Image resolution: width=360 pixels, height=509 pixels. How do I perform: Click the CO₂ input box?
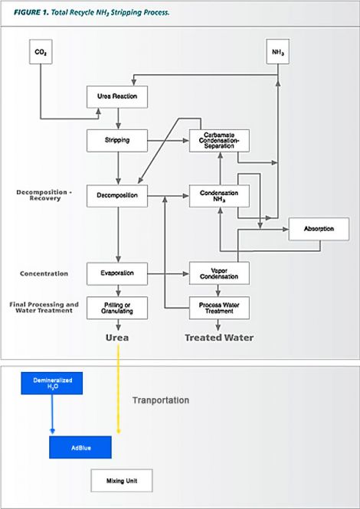(41, 51)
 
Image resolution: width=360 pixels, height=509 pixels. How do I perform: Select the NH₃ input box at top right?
(278, 51)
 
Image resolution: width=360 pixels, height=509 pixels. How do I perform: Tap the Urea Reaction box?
(117, 96)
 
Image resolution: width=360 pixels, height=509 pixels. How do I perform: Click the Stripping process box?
(117, 141)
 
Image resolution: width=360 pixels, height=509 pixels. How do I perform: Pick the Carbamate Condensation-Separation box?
(219, 141)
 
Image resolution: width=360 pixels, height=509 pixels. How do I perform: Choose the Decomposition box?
(117, 196)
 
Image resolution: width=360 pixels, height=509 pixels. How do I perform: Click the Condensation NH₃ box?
(219, 196)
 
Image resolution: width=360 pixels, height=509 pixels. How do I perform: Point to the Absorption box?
(319, 229)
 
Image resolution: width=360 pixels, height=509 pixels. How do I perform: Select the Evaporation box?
(117, 274)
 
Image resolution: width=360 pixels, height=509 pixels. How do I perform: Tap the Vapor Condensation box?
(219, 274)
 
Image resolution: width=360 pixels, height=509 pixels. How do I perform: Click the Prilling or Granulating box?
(117, 308)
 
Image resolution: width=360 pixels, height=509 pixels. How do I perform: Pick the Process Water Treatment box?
(219, 308)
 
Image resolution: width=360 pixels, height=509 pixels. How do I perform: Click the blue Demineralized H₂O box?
(51, 383)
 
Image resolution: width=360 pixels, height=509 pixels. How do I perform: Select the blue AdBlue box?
(80, 447)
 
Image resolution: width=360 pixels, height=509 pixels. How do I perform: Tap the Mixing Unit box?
(122, 481)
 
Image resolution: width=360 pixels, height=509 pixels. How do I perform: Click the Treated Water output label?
(219, 338)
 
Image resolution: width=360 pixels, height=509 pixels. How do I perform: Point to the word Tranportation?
(161, 400)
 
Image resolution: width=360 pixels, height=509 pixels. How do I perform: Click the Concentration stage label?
(44, 274)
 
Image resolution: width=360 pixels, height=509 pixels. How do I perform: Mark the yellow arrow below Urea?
(118, 389)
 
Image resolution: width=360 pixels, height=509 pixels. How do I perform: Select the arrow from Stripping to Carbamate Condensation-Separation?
(169, 141)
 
